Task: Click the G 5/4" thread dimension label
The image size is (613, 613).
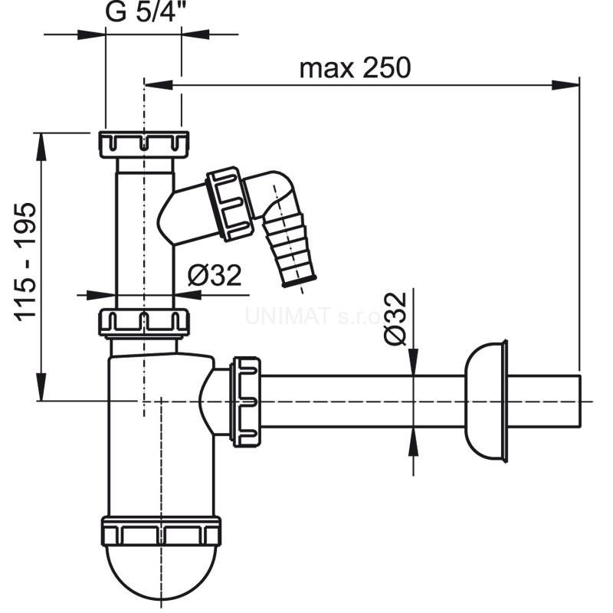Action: (x=143, y=14)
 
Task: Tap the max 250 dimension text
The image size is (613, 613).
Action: (x=355, y=67)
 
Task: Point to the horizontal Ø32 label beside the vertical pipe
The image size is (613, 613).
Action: (x=215, y=274)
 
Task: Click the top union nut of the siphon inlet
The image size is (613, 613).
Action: (x=143, y=144)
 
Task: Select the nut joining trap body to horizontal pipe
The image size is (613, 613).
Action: (x=247, y=401)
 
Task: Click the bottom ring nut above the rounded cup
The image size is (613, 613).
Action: (x=161, y=531)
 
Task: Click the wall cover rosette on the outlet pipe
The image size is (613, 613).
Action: (x=487, y=401)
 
